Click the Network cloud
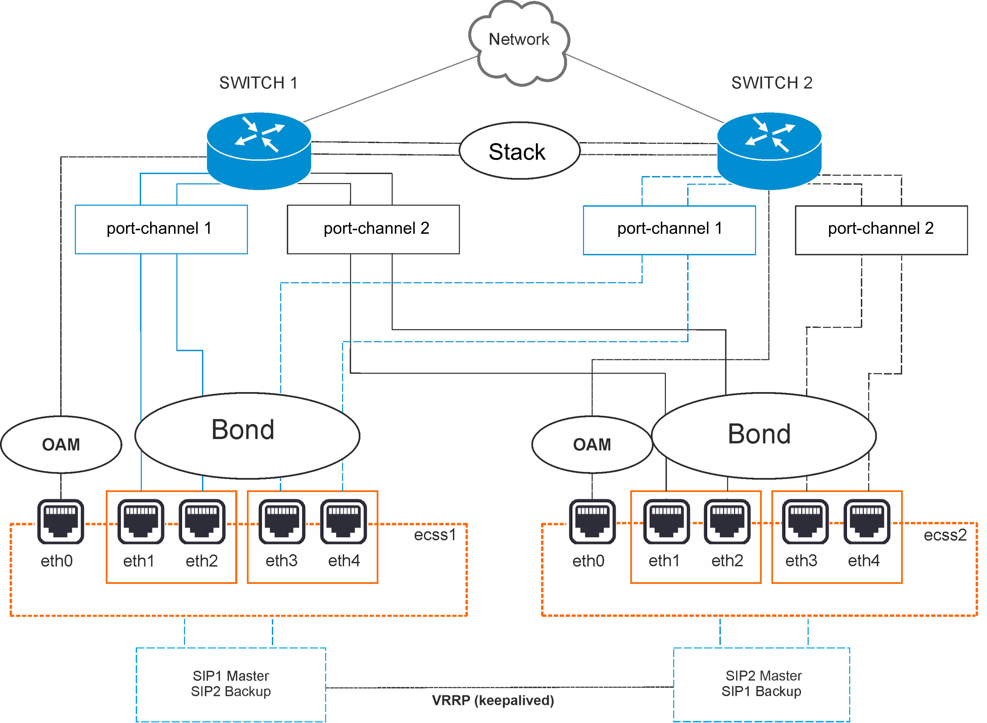click(518, 42)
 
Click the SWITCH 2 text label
click(772, 83)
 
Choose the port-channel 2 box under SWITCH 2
click(881, 230)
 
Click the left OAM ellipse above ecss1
click(61, 445)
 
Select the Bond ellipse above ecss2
click(764, 436)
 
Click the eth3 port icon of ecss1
click(282, 522)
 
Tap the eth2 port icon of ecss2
click(727, 522)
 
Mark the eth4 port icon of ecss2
click(867, 522)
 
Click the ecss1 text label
click(435, 535)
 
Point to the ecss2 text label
click(945, 535)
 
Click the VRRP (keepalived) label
click(493, 700)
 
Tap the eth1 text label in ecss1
click(139, 561)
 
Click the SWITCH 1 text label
click(258, 83)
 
